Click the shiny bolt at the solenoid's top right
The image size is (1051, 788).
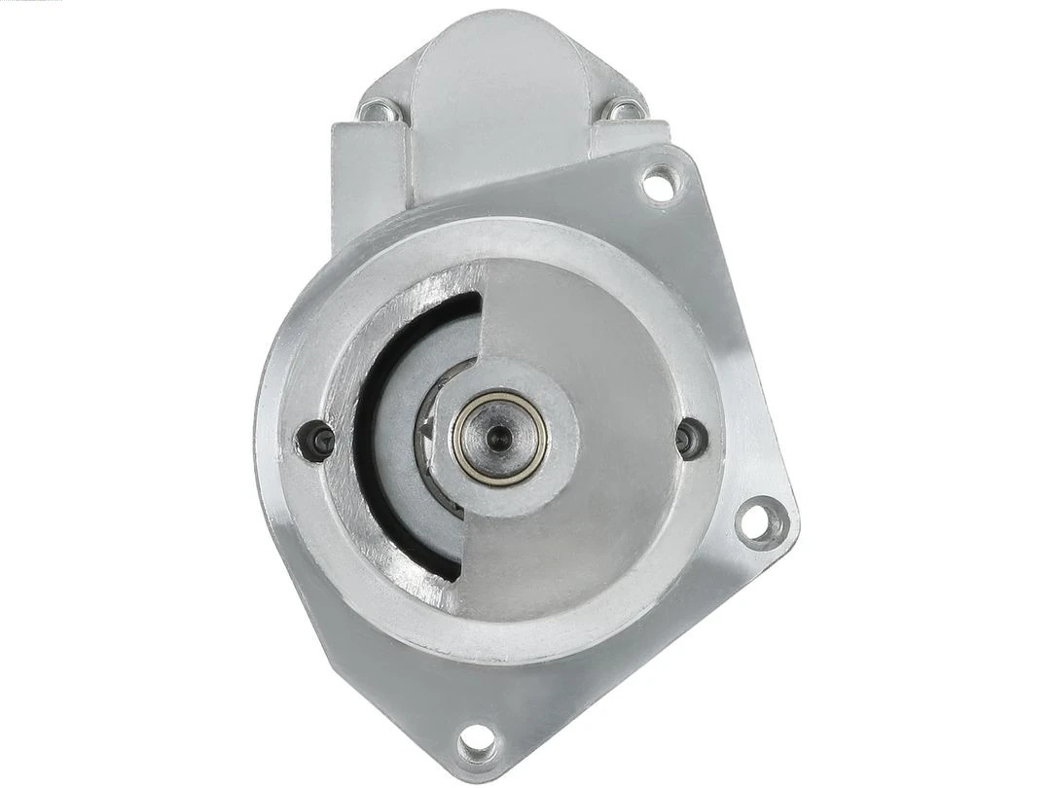620,110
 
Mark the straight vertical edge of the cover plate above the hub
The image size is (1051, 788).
482,321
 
